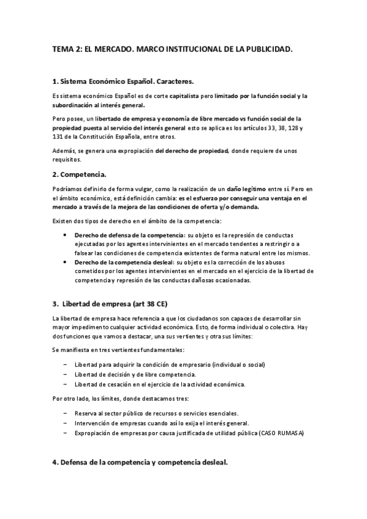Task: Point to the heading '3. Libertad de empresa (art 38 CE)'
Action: coord(114,304)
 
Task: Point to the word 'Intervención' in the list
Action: coord(92,423)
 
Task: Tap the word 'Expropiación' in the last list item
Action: coord(93,433)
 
